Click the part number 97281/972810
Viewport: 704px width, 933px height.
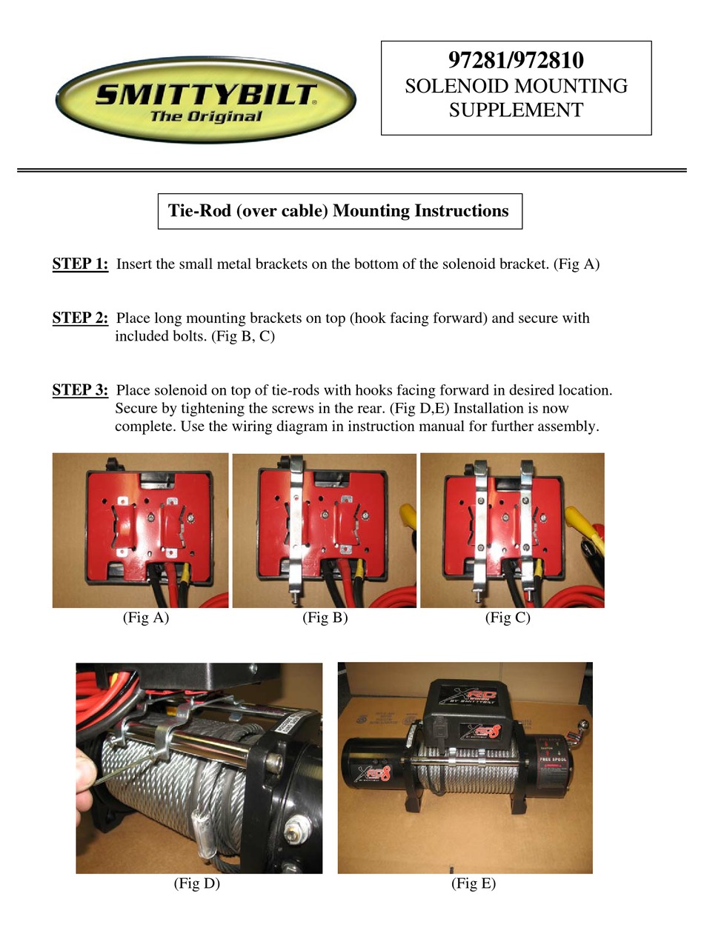click(x=516, y=60)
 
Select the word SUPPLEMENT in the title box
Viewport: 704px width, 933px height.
click(x=516, y=110)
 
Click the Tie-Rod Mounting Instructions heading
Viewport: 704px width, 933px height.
click(x=339, y=211)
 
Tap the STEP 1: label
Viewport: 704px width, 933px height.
click(x=80, y=264)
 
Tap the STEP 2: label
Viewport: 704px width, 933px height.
click(x=80, y=318)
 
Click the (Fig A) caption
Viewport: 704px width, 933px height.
click(x=145, y=618)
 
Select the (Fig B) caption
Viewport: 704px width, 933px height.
click(x=325, y=618)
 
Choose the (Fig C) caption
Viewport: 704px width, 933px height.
click(x=508, y=618)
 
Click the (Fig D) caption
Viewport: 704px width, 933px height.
click(x=196, y=883)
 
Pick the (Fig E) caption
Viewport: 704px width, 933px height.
click(x=473, y=883)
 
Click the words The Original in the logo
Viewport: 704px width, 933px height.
click(x=205, y=116)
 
